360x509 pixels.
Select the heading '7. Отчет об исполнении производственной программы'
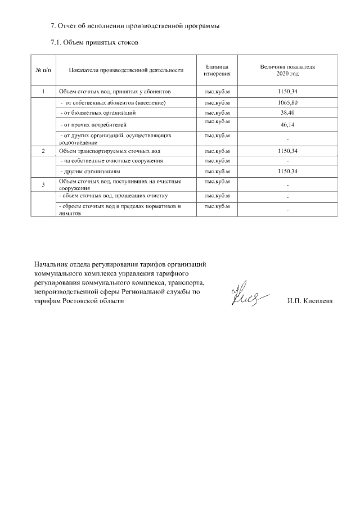click(134, 26)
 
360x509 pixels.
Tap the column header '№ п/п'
click(43, 70)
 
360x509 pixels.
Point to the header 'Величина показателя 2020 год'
click(287, 70)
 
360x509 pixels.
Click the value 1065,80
click(287, 103)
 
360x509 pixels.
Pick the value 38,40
click(287, 112)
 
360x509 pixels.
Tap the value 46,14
click(287, 124)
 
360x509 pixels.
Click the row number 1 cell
click(43, 91)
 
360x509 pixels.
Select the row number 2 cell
click(43, 151)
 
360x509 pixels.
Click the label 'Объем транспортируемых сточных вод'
click(110, 151)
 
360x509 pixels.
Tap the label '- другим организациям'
click(91, 170)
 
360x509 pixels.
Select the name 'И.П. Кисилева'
click(309, 301)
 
